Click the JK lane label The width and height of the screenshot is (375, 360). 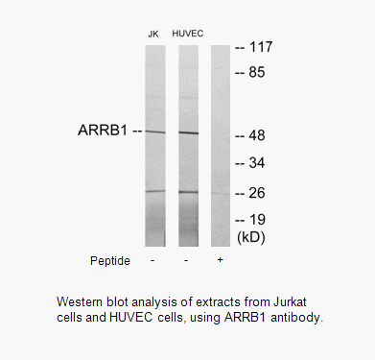pyautogui.click(x=152, y=34)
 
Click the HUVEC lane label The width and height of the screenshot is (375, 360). pyautogui.click(x=188, y=34)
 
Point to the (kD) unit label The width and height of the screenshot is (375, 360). pyautogui.click(x=250, y=235)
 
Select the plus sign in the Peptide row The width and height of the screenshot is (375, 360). pyautogui.click(x=222, y=260)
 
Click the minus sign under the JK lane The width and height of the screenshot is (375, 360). pyautogui.click(x=153, y=260)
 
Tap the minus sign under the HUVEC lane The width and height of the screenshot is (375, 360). pyautogui.click(x=188, y=260)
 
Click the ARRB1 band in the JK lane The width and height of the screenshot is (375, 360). pyautogui.click(x=155, y=131)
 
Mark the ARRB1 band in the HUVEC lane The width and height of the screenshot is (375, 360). pyautogui.click(x=188, y=132)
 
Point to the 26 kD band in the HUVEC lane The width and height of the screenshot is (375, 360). pyautogui.click(x=188, y=192)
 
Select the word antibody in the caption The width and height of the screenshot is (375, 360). pyautogui.click(x=302, y=318)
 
